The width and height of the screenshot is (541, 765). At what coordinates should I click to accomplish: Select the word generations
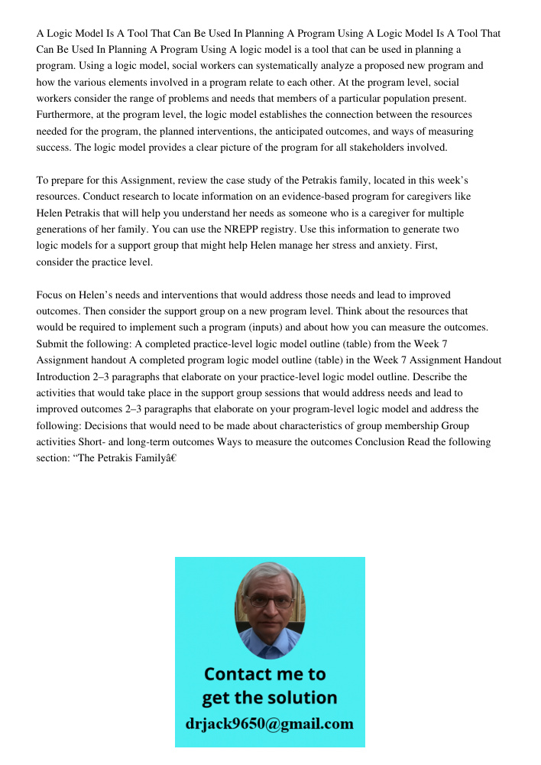[64, 229]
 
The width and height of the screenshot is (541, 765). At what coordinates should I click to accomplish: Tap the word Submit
[53, 343]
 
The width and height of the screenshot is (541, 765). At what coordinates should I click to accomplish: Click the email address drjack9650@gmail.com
[270, 723]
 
